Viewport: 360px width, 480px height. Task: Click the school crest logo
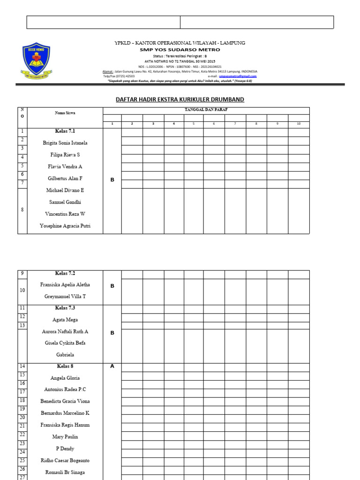coord(36,61)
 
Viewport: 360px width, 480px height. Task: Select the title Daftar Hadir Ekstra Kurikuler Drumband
coord(180,99)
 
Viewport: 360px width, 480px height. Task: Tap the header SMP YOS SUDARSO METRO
coord(180,49)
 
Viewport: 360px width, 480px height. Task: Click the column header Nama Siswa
coord(65,113)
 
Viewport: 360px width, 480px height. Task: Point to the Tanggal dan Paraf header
coord(206,109)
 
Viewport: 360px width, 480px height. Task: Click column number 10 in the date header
coord(298,124)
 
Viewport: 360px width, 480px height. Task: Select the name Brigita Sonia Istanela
coord(65,143)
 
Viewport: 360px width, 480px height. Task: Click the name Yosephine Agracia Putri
coord(65,226)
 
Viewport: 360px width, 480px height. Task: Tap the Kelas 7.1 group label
coord(65,131)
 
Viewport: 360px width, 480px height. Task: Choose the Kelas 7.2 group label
coord(65,273)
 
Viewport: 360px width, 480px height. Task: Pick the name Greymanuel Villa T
coord(65,297)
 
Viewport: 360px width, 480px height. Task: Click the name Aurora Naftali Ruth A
coord(65,331)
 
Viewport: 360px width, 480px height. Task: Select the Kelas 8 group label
coord(65,366)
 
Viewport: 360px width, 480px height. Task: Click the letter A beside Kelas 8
coord(112,367)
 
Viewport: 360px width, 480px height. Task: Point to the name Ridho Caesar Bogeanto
coord(65,460)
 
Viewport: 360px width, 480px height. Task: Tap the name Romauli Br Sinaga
coord(65,472)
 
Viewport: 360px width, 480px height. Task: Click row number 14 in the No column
coord(22,366)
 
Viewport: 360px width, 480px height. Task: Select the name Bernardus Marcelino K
coord(65,413)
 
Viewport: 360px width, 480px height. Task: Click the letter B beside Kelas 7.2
coord(112,285)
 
